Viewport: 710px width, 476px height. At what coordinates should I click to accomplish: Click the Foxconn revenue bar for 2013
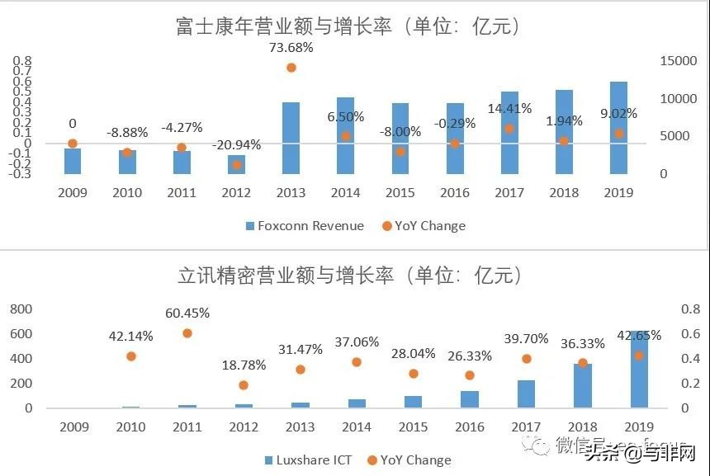tap(291, 138)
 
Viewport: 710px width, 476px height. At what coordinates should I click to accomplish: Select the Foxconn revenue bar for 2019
tap(618, 128)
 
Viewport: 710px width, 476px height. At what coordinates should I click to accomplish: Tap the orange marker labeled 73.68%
tap(291, 68)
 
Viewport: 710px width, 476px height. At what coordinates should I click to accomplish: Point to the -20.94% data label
tap(235, 145)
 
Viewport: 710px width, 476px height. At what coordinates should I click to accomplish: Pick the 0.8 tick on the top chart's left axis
tap(22, 62)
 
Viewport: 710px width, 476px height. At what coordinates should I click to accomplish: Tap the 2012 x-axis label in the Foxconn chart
tap(236, 193)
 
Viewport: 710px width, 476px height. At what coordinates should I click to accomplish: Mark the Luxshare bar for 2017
tap(526, 394)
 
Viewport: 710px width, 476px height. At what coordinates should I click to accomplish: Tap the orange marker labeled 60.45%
tap(187, 333)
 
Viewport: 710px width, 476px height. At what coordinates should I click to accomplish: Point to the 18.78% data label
tap(243, 365)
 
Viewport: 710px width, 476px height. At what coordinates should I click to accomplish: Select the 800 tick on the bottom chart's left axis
tap(21, 309)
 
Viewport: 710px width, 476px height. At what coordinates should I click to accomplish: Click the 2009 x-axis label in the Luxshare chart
tap(73, 427)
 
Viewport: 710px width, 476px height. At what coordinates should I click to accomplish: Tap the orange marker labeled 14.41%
tap(509, 129)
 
